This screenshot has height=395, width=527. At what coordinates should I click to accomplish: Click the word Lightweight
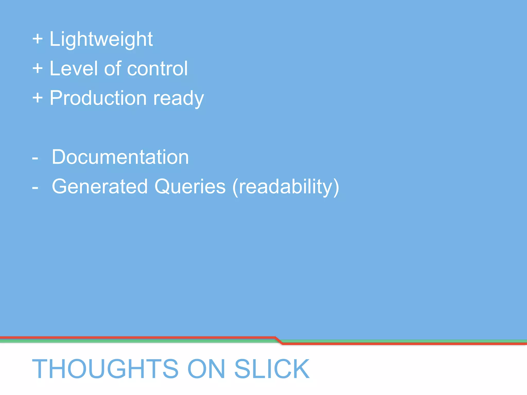[101, 39]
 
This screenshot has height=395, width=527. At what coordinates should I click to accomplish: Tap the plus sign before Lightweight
[38, 39]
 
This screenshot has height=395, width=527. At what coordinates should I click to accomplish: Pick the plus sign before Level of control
[38, 69]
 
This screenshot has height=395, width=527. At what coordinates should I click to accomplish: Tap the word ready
[178, 99]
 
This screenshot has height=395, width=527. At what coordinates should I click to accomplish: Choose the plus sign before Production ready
[38, 98]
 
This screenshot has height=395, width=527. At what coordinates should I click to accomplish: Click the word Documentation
[120, 157]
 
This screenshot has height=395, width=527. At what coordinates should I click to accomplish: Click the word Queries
[190, 186]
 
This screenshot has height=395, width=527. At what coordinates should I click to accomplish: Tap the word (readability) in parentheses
[286, 187]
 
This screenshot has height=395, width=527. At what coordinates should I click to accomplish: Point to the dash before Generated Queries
[35, 188]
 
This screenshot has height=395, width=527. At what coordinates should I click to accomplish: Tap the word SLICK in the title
[272, 369]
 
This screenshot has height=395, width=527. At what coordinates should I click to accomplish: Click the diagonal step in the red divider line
[279, 340]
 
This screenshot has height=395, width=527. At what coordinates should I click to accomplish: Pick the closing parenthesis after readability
[336, 187]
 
